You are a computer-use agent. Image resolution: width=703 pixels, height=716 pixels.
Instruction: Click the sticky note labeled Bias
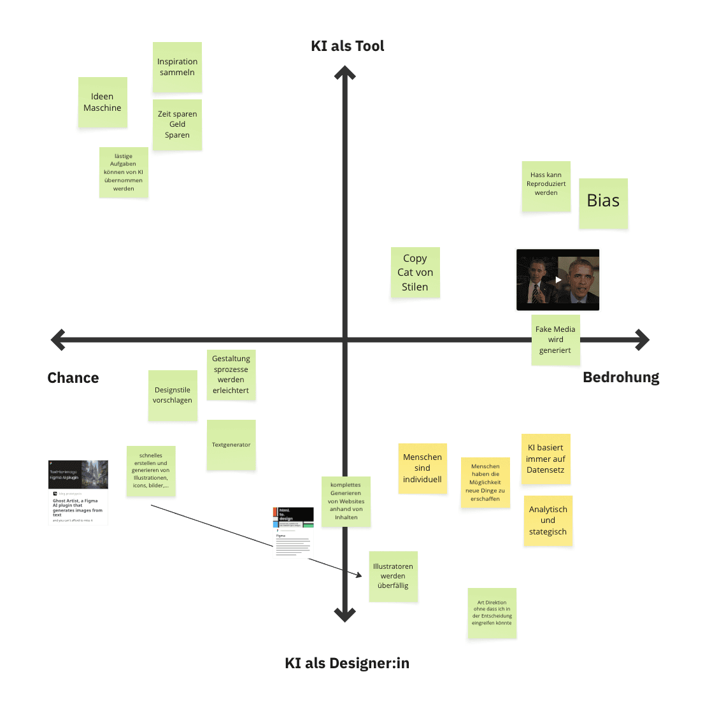click(x=603, y=203)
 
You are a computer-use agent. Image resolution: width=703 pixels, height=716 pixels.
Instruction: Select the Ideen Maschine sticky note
click(x=103, y=103)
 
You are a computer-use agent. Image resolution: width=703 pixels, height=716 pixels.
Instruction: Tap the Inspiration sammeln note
click(x=177, y=68)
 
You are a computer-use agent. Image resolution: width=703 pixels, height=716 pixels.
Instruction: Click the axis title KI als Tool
click(x=347, y=46)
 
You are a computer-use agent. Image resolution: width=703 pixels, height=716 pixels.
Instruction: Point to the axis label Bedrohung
click(x=621, y=377)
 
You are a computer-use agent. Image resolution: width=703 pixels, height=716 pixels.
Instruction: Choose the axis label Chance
click(x=73, y=378)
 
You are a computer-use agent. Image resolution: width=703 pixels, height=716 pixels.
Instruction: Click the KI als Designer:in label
click(x=347, y=663)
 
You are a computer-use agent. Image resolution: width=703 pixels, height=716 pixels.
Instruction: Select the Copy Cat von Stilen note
click(x=415, y=273)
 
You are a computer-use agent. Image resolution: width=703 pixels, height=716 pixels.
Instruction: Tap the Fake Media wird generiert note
click(x=555, y=340)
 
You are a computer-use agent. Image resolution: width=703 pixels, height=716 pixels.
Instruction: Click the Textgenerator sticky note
click(x=231, y=445)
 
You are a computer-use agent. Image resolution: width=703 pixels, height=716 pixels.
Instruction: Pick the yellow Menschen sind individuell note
click(x=422, y=468)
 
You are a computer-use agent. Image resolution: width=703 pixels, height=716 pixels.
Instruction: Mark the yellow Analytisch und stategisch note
click(x=548, y=520)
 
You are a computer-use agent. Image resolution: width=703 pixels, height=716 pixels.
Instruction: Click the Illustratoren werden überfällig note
click(x=393, y=576)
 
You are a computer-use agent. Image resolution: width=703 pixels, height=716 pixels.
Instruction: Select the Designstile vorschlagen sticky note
click(x=173, y=395)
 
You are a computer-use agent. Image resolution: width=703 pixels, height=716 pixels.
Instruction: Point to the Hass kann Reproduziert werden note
click(x=546, y=186)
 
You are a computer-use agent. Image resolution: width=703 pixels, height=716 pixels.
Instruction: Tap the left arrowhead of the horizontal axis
click(x=57, y=340)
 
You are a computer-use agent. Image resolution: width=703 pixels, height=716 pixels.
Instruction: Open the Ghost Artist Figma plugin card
click(x=78, y=492)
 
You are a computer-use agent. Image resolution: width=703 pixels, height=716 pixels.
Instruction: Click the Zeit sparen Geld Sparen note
click(x=177, y=124)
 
